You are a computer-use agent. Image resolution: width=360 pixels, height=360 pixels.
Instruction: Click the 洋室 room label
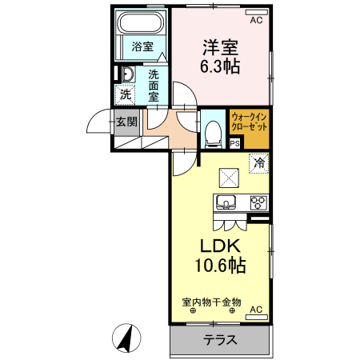tap(220, 47)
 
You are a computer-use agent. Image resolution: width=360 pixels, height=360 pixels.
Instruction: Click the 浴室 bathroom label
tap(142, 47)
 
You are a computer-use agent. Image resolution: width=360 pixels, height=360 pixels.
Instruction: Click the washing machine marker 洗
tap(126, 94)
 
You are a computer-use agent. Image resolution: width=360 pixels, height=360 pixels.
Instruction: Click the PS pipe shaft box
tap(234, 143)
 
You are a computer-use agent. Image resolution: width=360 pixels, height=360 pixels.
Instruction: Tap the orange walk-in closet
tap(249, 128)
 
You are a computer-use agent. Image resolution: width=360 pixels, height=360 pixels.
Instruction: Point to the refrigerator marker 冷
tap(258, 162)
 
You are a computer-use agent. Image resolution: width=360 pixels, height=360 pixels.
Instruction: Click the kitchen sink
tap(224, 202)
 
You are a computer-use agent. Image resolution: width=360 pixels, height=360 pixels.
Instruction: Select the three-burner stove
tap(258, 202)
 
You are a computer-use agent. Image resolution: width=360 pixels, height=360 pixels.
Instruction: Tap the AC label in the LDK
tap(256, 309)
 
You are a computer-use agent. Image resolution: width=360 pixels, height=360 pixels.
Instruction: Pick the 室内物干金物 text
tap(211, 302)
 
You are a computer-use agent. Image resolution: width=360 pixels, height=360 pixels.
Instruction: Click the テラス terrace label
tap(220, 339)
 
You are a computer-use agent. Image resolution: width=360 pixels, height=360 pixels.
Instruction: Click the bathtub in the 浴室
tap(141, 24)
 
